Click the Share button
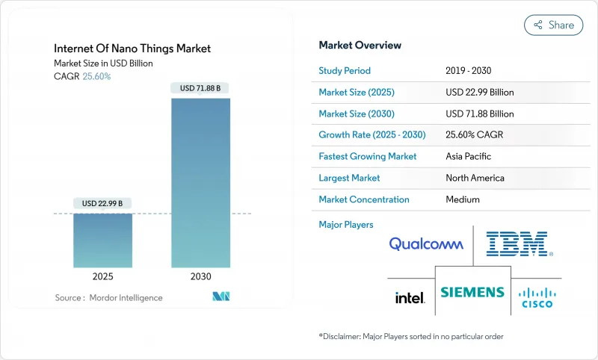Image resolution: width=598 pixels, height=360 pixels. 553,25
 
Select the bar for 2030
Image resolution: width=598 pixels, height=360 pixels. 201,182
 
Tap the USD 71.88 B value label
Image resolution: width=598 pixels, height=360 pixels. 201,88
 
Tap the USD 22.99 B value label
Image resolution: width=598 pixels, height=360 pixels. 102,203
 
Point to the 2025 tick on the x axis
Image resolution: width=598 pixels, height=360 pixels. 102,276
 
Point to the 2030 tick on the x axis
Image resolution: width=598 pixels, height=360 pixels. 201,276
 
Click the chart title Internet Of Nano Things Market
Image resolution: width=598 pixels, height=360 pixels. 132,49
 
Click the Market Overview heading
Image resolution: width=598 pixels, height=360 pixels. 360,46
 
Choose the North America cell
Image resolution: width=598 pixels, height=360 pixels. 475,178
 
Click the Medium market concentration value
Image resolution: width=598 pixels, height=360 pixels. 462,199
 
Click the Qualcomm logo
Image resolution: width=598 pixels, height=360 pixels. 426,244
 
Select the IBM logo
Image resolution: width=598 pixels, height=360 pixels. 519,244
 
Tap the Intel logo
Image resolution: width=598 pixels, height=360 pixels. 410,297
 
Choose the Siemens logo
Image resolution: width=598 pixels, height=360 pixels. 472,292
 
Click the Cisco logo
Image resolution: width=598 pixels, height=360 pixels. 537,296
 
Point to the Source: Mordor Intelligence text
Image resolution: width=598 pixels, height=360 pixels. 108,298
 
